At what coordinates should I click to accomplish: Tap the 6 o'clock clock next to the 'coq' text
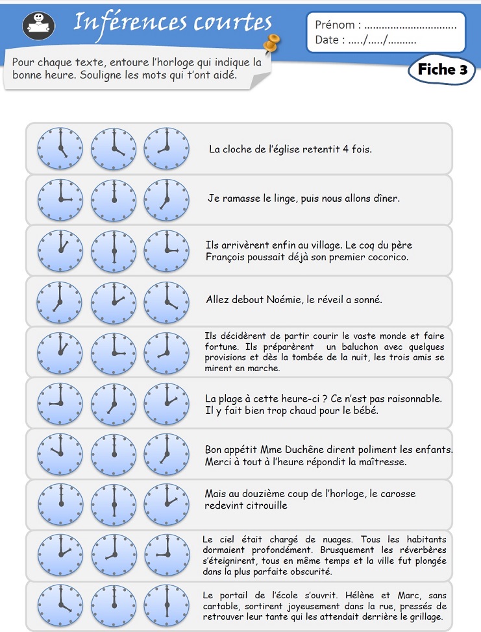coord(114,250)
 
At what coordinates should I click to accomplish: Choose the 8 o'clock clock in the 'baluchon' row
coord(166,352)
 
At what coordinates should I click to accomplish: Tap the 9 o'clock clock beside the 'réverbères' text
coord(166,555)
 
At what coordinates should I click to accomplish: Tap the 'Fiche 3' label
coord(442,70)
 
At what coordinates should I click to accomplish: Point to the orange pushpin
coord(273,42)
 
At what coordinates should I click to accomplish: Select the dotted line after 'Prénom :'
coord(410,26)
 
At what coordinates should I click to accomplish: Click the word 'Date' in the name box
coord(327,40)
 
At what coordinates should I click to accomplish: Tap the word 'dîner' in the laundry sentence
coord(386,199)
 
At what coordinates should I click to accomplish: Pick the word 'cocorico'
coord(386,257)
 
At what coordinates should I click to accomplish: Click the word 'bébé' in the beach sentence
coord(364,410)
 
